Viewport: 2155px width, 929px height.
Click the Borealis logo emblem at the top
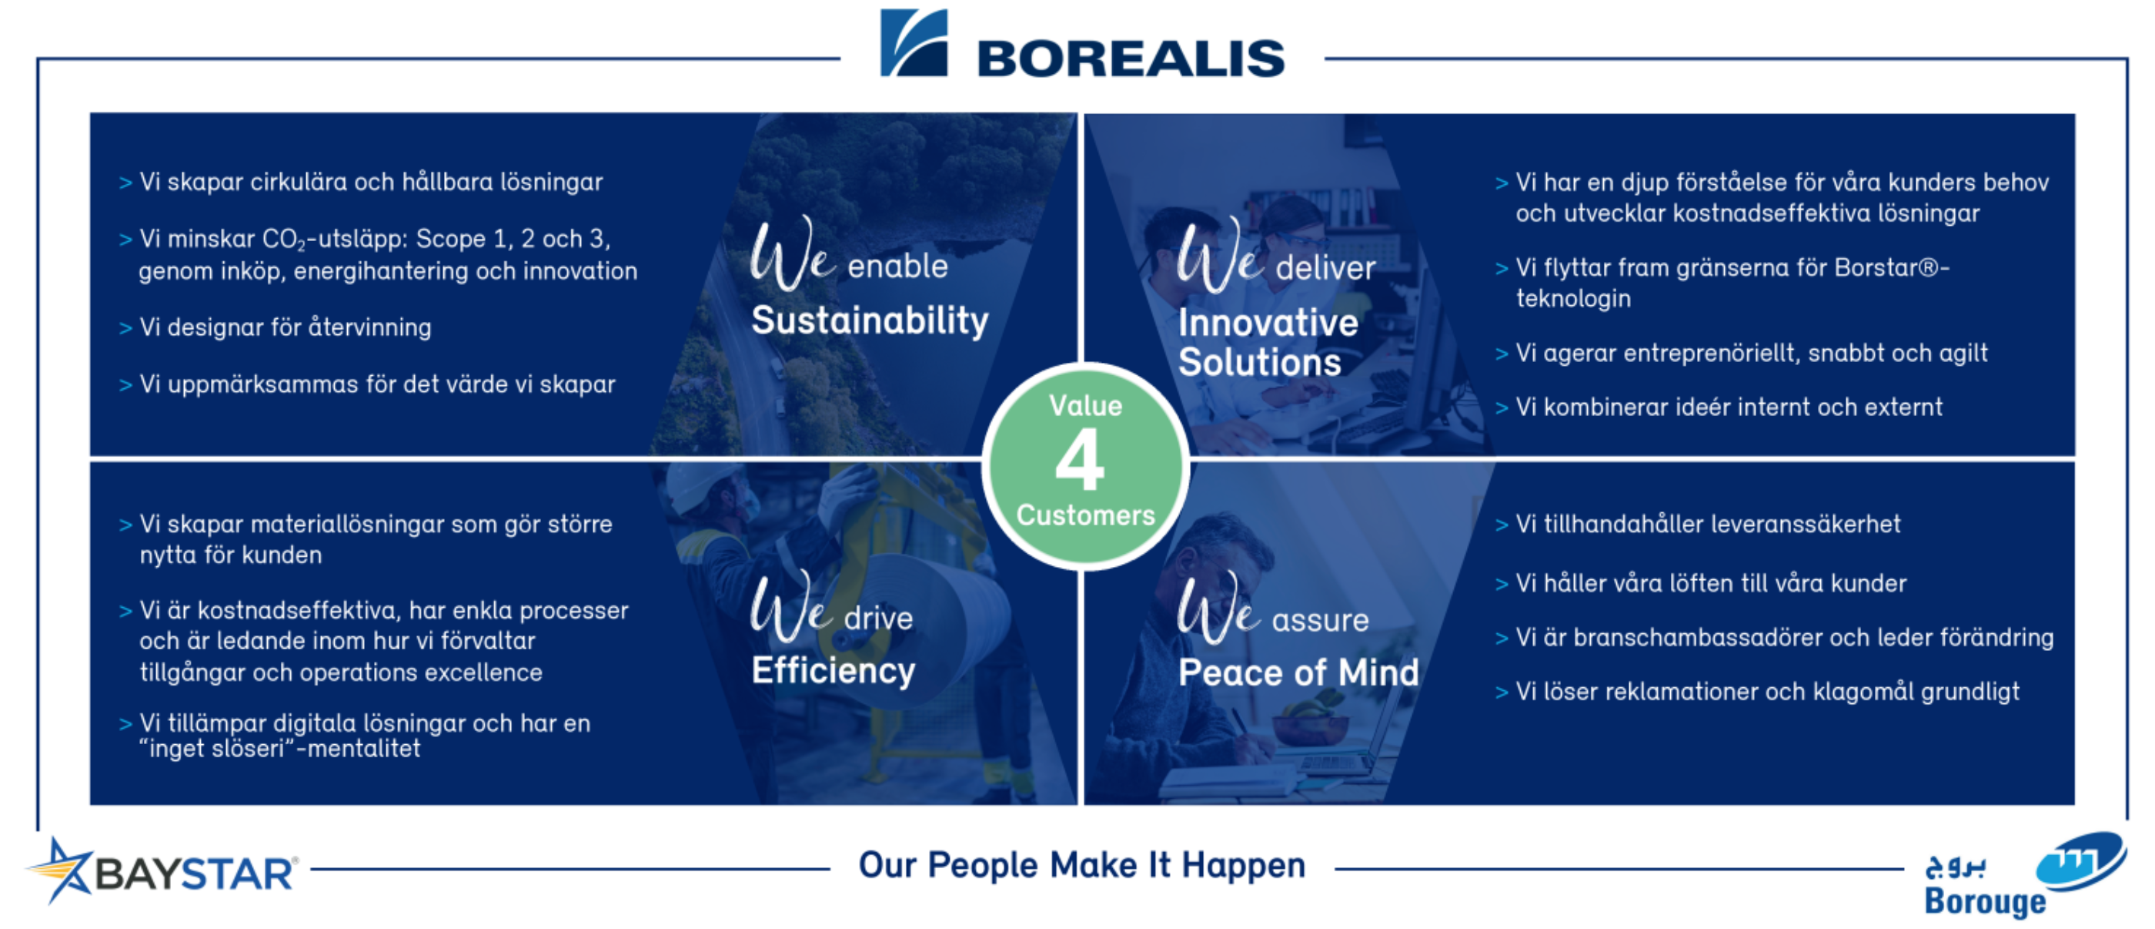[x=914, y=42]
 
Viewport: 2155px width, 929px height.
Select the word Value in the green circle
[x=1085, y=406]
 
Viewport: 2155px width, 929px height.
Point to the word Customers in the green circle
[x=1085, y=515]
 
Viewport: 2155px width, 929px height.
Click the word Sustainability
[x=869, y=320]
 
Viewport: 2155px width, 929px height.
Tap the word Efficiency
[x=834, y=670]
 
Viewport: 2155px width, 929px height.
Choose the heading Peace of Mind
[x=1298, y=672]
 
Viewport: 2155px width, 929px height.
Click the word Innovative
[x=1268, y=323]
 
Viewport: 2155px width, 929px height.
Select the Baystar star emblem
[x=59, y=870]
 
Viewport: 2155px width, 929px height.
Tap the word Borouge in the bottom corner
[x=1984, y=902]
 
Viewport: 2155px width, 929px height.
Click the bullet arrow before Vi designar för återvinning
[x=125, y=328]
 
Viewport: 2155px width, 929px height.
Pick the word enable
[x=897, y=267]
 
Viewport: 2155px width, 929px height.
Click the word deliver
[x=1325, y=268]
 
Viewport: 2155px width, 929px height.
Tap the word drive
[x=878, y=619]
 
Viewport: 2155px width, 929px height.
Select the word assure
[x=1320, y=621]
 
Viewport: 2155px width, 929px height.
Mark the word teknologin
[x=1572, y=299]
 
